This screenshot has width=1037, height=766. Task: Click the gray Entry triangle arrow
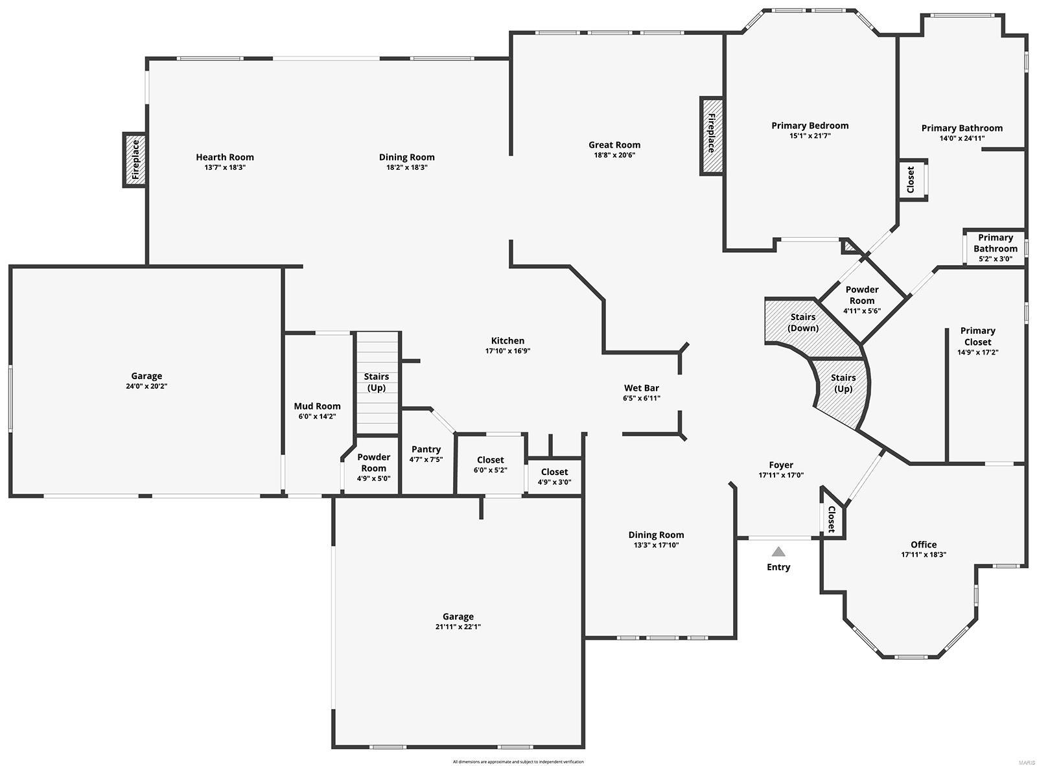click(x=778, y=552)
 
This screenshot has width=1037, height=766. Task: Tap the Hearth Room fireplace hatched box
click(x=135, y=160)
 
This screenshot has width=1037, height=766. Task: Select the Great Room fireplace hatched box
click(x=712, y=136)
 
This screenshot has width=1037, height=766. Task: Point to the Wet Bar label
click(x=641, y=388)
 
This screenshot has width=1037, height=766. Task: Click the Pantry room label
click(x=426, y=449)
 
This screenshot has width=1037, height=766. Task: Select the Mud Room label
click(x=317, y=406)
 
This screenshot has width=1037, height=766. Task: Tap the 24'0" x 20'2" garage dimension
click(x=146, y=386)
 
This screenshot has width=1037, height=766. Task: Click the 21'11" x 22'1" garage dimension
click(x=458, y=627)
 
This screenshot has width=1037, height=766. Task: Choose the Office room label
click(x=923, y=544)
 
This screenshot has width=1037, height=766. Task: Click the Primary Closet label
click(x=977, y=336)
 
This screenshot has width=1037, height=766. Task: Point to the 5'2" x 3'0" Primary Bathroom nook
click(x=995, y=248)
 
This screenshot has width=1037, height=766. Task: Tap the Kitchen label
click(x=507, y=341)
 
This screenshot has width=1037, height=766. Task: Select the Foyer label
click(x=780, y=465)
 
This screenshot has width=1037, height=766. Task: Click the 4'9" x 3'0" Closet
click(x=554, y=477)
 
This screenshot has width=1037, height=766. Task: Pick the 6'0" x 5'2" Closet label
click(x=490, y=460)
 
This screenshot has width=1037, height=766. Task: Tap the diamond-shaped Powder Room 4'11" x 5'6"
click(x=861, y=299)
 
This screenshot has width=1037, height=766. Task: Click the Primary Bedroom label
click(x=810, y=126)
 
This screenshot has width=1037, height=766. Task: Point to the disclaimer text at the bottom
click(x=518, y=761)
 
